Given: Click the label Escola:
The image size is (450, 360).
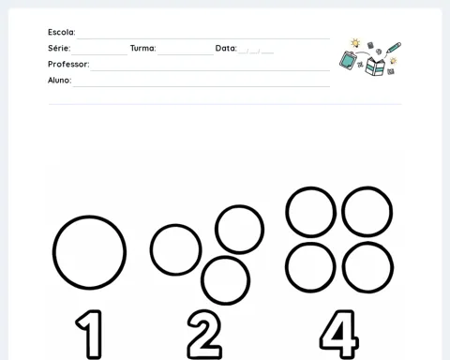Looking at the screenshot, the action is pyautogui.click(x=62, y=32).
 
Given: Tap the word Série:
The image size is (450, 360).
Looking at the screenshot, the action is pyautogui.click(x=59, y=48).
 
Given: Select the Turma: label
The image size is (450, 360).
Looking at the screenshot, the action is pyautogui.click(x=142, y=48).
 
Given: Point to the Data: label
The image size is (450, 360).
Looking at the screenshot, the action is pyautogui.click(x=226, y=48).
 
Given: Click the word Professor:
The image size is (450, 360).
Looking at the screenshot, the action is pyautogui.click(x=68, y=64).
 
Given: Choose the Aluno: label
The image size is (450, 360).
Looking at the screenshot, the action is pyautogui.click(x=59, y=81).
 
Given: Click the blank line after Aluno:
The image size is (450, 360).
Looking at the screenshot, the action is pyautogui.click(x=202, y=86).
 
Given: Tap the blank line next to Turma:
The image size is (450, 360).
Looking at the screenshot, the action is pyautogui.click(x=186, y=54).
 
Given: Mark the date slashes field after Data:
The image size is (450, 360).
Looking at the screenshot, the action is pyautogui.click(x=256, y=52).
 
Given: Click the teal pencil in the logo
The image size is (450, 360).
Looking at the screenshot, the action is pyautogui.click(x=394, y=48).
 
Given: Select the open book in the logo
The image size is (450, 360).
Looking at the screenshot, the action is pyautogui.click(x=375, y=67).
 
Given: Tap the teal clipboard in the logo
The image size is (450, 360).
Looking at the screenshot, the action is pyautogui.click(x=348, y=60).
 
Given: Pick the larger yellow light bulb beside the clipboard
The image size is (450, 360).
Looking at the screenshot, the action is pyautogui.click(x=355, y=43).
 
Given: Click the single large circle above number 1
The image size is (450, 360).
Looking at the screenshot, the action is pyautogui.click(x=89, y=252).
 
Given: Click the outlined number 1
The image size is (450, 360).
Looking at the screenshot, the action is pyautogui.click(x=89, y=334).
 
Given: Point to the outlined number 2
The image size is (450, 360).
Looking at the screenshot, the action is pyautogui.click(x=204, y=334).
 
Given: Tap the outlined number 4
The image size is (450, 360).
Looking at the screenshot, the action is pyautogui.click(x=339, y=334).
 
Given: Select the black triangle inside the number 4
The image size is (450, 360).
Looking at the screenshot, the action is pyautogui.click(x=339, y=332).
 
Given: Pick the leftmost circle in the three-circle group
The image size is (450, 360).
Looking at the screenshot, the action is pyautogui.click(x=175, y=249).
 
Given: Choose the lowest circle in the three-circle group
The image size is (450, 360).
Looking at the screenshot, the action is pyautogui.click(x=225, y=280).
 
